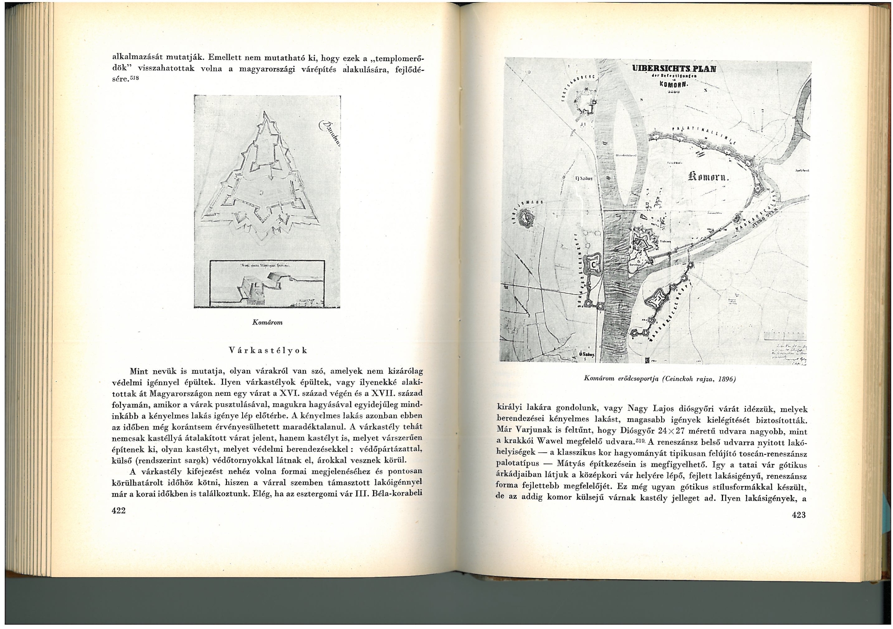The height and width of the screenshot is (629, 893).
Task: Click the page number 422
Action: coord(119,510)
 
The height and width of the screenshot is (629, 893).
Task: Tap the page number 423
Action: coord(798,515)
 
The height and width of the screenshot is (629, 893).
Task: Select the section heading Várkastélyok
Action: coord(268,350)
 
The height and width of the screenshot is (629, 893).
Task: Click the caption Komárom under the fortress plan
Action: coord(267,322)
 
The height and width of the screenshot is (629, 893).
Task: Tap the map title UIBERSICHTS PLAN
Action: coord(673,69)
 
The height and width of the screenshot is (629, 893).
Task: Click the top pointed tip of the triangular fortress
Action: coord(264,112)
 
